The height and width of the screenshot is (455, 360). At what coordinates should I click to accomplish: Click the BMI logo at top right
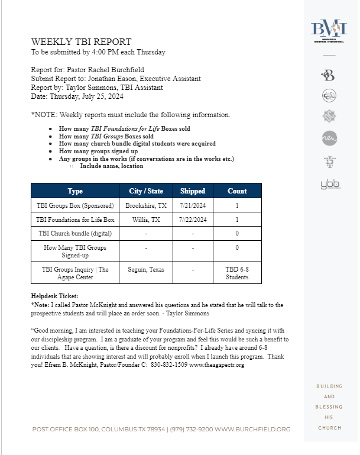[x=330, y=30]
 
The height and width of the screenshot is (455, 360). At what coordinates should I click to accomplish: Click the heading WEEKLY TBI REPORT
[x=82, y=42]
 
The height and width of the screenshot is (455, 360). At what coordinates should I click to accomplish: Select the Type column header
[x=75, y=191]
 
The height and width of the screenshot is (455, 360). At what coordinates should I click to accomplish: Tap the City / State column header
[x=145, y=191]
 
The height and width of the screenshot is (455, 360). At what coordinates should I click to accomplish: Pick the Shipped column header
[x=193, y=191]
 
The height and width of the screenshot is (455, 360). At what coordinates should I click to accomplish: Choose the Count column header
[x=237, y=191]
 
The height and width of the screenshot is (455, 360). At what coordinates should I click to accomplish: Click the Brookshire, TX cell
[x=145, y=206]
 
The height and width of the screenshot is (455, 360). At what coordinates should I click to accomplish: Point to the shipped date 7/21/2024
[x=193, y=206]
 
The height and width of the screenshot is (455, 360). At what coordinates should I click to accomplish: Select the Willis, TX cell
[x=145, y=220]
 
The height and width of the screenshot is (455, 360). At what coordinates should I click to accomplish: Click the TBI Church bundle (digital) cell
[x=75, y=234]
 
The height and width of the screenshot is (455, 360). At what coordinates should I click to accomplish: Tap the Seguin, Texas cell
[x=145, y=269]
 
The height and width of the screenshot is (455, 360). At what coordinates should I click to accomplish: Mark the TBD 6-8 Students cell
[x=237, y=273]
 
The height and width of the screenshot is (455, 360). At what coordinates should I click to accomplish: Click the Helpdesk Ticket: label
[x=54, y=296]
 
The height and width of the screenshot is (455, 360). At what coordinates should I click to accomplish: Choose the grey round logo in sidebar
[x=329, y=138]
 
